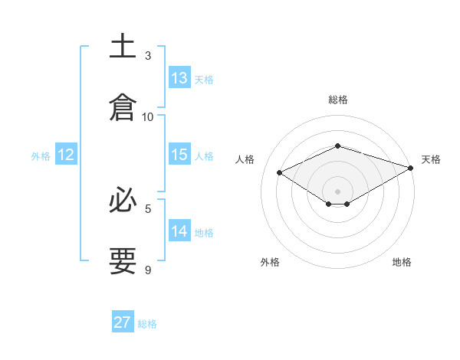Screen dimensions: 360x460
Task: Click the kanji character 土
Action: click(123, 47)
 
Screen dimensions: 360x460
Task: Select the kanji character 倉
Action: click(123, 106)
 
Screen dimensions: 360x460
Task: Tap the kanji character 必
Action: click(123, 201)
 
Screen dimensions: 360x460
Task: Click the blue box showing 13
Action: click(179, 78)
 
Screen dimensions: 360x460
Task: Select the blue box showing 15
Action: click(179, 155)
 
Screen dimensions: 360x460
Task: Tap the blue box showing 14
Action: click(179, 231)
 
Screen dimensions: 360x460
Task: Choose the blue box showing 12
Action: click(66, 155)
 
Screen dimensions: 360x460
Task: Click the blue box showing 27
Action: click(123, 322)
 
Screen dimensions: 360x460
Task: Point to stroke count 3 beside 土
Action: click(148, 56)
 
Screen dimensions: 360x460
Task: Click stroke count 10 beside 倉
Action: click(148, 116)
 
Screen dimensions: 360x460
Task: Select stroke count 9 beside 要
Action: click(148, 270)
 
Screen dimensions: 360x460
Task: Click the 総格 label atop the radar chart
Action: click(338, 100)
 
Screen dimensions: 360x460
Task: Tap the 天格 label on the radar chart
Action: click(431, 159)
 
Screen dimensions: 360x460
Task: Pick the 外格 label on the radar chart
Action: click(270, 262)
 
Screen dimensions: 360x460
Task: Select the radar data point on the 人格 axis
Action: click(280, 173)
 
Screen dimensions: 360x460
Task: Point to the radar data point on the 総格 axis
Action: click(337, 146)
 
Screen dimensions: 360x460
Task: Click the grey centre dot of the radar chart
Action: click(337, 190)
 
